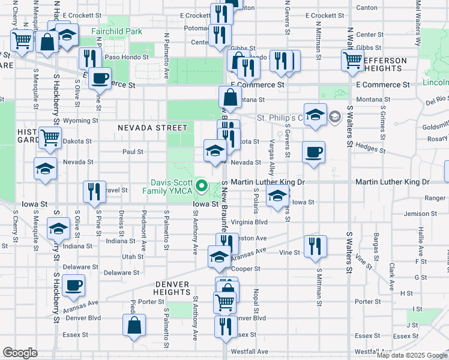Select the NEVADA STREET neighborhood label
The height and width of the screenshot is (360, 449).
click(152, 128)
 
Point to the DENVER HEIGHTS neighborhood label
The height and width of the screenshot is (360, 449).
click(172, 287)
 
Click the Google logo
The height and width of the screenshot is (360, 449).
click(20, 353)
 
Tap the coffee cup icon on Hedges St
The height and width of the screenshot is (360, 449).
click(312, 152)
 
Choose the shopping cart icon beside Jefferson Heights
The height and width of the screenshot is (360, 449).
click(352, 59)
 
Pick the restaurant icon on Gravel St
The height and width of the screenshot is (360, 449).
click(94, 191)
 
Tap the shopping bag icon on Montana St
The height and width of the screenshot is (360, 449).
click(231, 97)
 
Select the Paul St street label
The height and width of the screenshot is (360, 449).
click(133, 152)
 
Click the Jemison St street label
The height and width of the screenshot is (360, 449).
click(417, 214)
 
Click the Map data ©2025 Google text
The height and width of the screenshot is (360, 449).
click(411, 355)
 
